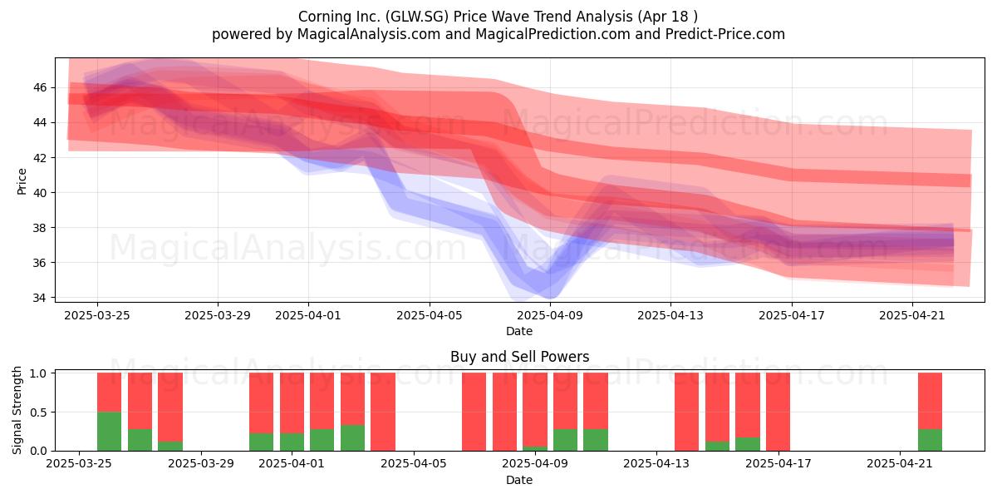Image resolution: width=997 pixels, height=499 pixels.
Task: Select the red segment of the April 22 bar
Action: pyautogui.click(x=930, y=401)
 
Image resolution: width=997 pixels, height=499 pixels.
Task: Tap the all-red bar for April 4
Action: pyautogui.click(x=383, y=411)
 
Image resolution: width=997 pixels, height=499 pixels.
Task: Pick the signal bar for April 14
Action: pyautogui.click(x=686, y=411)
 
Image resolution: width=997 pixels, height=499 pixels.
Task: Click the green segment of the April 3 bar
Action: pyautogui.click(x=352, y=437)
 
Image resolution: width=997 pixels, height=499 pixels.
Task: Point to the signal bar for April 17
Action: pyautogui.click(x=778, y=411)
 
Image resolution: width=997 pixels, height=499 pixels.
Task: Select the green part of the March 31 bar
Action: pyautogui.click(x=261, y=442)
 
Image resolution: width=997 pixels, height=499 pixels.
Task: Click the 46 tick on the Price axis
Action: pyautogui.click(x=40, y=87)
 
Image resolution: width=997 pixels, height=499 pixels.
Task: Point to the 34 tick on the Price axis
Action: pyautogui.click(x=40, y=297)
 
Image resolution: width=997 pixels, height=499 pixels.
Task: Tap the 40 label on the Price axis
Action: pyautogui.click(x=40, y=192)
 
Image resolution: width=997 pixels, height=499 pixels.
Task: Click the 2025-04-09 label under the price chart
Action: pyautogui.click(x=550, y=315)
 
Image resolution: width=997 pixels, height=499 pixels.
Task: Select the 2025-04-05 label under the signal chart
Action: pyautogui.click(x=414, y=463)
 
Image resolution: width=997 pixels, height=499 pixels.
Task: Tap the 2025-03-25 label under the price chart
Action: pyautogui.click(x=97, y=315)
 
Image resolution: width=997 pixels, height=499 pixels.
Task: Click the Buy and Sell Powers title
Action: pyautogui.click(x=519, y=357)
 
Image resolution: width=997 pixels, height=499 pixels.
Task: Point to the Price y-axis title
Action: pyautogui.click(x=22, y=181)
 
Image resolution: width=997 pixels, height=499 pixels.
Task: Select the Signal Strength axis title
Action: pyautogui.click(x=17, y=410)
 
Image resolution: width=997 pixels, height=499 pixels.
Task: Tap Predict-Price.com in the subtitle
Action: pyautogui.click(x=725, y=34)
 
